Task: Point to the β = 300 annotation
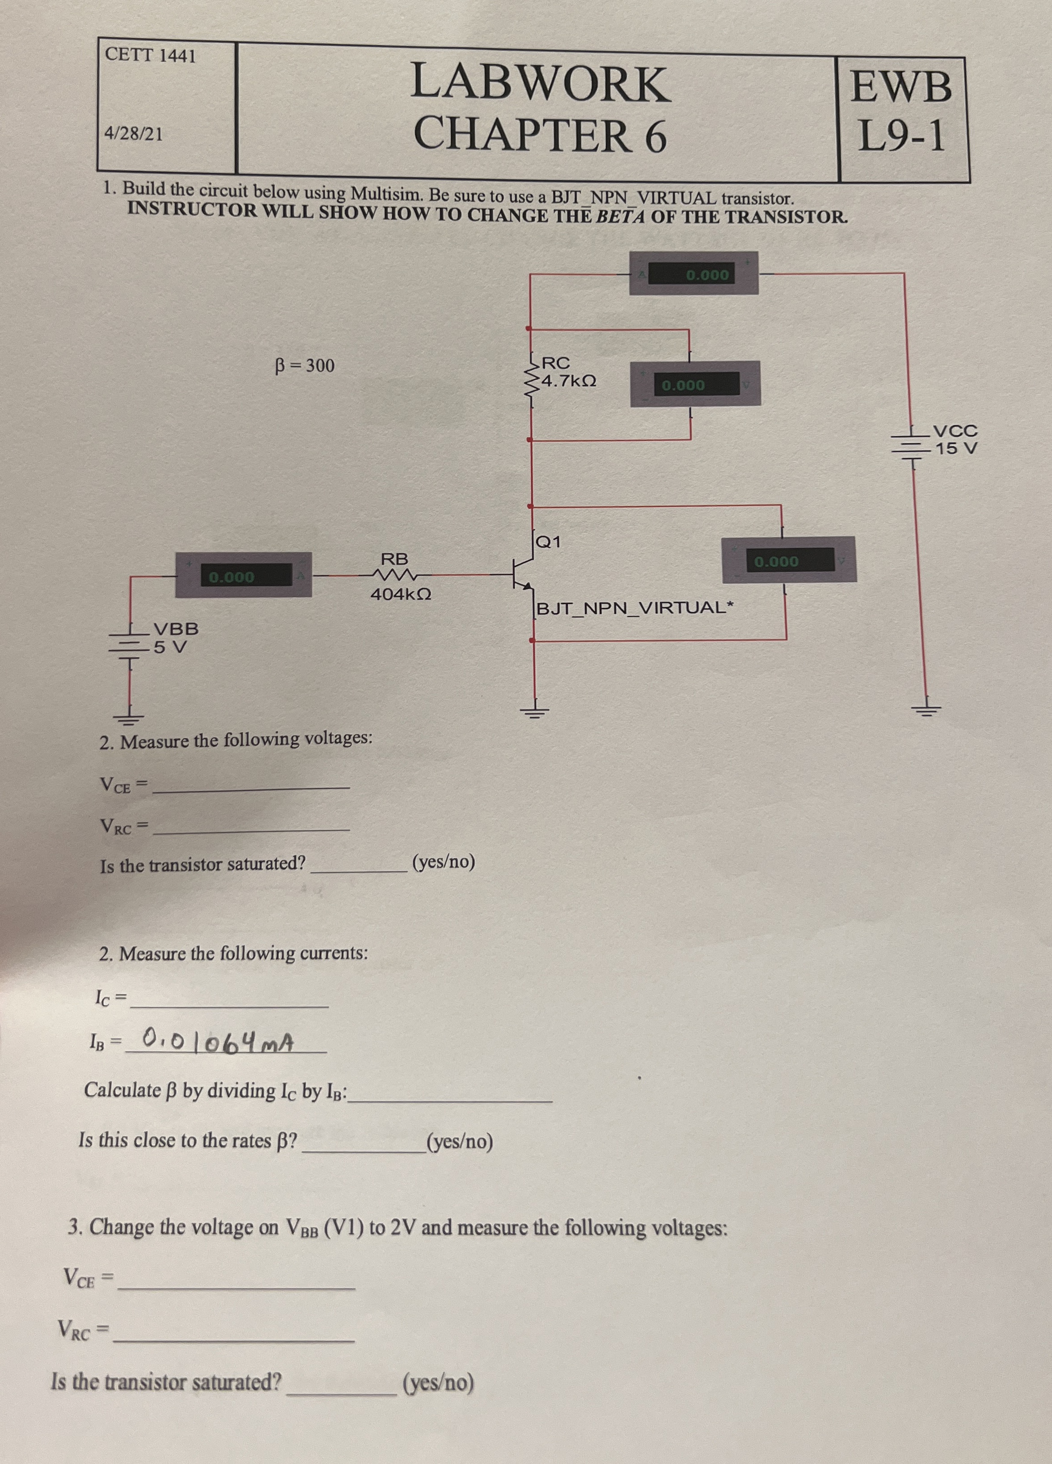pyautogui.click(x=305, y=366)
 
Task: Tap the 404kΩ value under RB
pyautogui.click(x=401, y=594)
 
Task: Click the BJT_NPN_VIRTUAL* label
pyautogui.click(x=635, y=608)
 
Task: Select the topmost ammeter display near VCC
pyautogui.click(x=694, y=275)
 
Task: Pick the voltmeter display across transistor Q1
pyautogui.click(x=789, y=561)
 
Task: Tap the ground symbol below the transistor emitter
pyautogui.click(x=533, y=712)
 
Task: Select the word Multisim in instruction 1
pyautogui.click(x=381, y=193)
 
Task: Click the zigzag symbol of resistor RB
pyautogui.click(x=395, y=574)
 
